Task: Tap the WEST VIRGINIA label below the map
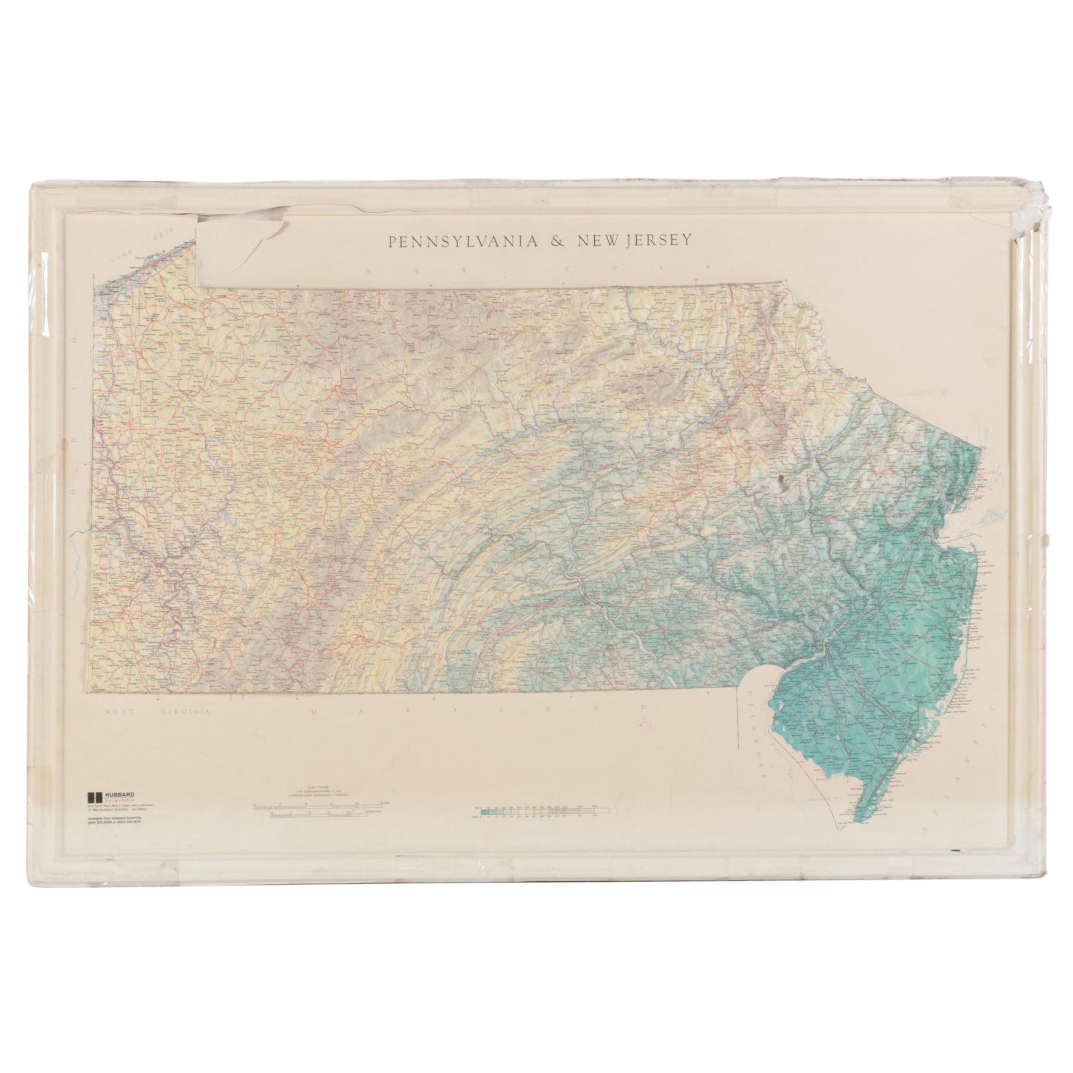tap(157, 711)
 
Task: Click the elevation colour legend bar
tap(540, 810)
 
